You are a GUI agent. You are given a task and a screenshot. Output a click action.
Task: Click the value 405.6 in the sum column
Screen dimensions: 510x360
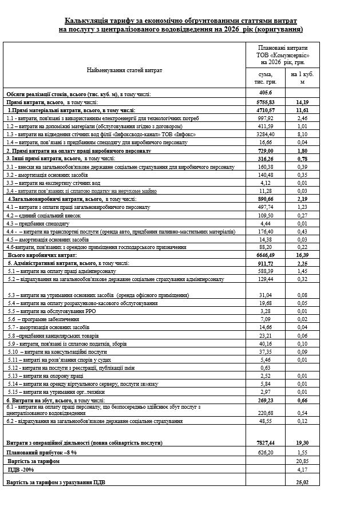pos(266,93)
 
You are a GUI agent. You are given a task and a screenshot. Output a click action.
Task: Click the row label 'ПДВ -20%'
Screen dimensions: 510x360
pos(21,469)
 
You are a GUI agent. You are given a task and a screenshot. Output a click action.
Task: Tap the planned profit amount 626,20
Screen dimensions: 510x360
pos(266,452)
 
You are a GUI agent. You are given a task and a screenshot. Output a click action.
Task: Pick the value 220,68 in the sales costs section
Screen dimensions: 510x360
pos(266,412)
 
